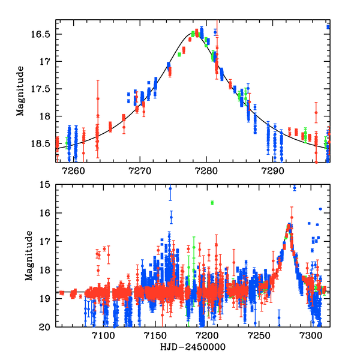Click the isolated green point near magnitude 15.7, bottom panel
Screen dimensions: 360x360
point(212,203)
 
